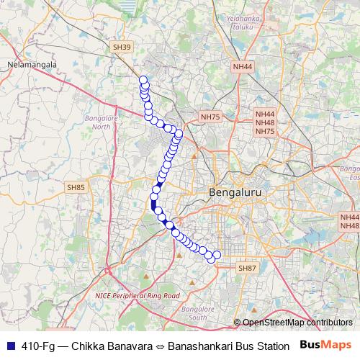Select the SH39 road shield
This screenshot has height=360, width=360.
pyautogui.click(x=122, y=47)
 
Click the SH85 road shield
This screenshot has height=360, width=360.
pyautogui.click(x=76, y=187)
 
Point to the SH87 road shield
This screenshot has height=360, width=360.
pyautogui.click(x=247, y=268)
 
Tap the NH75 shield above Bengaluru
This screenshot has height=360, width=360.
pyautogui.click(x=210, y=116)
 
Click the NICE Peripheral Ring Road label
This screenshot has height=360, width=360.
pyautogui.click(x=137, y=295)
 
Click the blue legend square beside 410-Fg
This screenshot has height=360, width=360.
pyautogui.click(x=8, y=346)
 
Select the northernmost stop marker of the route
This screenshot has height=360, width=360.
pyautogui.click(x=143, y=80)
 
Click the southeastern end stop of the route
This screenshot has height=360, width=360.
pyautogui.click(x=217, y=254)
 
